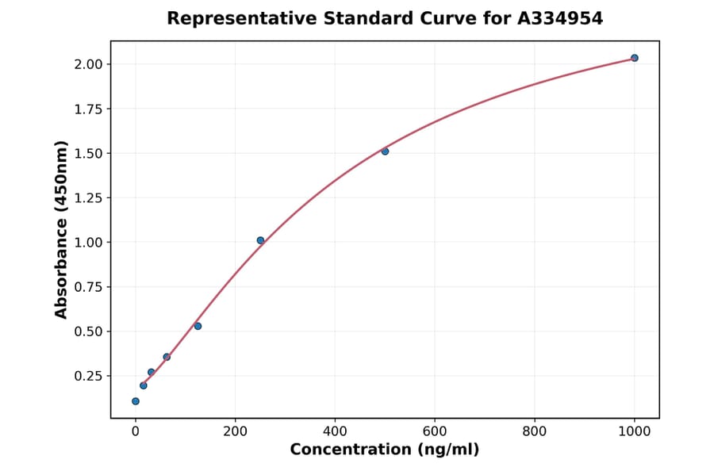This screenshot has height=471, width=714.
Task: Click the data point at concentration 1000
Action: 634,58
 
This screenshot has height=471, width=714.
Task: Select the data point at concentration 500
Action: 385,151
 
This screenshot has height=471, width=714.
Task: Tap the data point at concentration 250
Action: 260,240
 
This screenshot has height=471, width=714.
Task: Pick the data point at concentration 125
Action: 198,326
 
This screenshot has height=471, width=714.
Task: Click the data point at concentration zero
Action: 136,401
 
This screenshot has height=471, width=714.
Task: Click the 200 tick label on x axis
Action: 235,431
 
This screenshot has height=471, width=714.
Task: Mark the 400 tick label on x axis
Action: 335,431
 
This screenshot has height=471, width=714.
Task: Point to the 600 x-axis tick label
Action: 435,431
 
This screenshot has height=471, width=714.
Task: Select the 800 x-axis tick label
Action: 535,431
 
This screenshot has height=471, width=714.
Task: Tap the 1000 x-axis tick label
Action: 634,431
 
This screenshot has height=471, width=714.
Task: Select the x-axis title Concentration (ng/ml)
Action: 384,450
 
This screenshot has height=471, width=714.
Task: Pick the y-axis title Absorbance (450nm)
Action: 62,229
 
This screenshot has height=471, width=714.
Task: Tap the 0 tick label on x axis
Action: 136,431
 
